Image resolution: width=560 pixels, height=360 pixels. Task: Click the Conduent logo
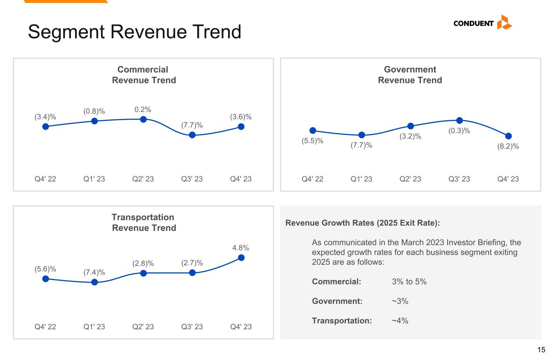click(x=482, y=23)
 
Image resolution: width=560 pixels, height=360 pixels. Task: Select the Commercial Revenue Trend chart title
click(x=144, y=75)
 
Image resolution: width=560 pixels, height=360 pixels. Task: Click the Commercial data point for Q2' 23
click(x=143, y=119)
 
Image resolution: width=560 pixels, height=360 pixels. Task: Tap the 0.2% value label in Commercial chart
click(x=143, y=109)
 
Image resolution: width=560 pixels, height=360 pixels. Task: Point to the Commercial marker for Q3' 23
click(x=192, y=135)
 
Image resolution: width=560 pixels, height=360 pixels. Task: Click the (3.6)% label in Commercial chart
click(x=241, y=117)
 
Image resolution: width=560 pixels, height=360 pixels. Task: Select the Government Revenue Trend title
click(x=410, y=75)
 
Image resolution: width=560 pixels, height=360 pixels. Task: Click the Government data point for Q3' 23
click(x=459, y=120)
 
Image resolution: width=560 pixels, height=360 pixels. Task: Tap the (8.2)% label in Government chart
click(x=508, y=146)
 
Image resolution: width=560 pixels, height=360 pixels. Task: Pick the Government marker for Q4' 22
click(x=313, y=130)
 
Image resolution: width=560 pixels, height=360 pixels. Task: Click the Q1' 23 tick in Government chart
click(x=361, y=179)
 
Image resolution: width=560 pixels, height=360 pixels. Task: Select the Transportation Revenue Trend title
click(x=144, y=223)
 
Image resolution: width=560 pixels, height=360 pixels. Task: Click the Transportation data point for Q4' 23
click(x=241, y=257)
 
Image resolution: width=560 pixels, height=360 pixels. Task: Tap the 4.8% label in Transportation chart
click(x=241, y=248)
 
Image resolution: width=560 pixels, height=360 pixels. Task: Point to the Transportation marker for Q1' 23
click(x=94, y=282)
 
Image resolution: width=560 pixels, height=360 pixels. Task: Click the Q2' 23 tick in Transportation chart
click(x=143, y=327)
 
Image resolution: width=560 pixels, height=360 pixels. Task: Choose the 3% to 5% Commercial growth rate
click(x=409, y=282)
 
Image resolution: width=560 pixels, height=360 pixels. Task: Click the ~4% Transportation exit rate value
click(x=400, y=321)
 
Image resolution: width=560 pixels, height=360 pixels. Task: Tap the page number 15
click(x=542, y=350)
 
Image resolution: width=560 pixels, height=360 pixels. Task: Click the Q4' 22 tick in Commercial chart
click(x=45, y=179)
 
